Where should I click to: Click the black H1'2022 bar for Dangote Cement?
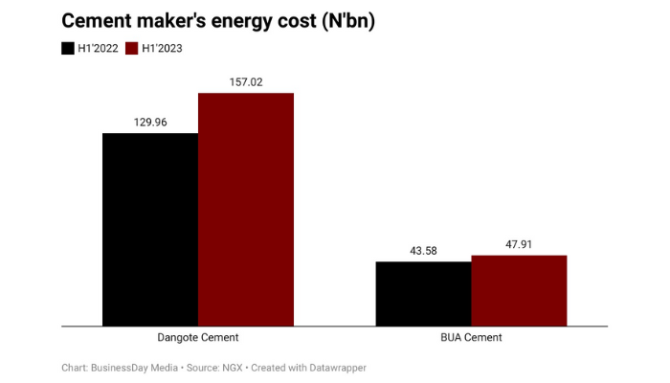[150, 229]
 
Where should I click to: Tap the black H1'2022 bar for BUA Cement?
[423, 293]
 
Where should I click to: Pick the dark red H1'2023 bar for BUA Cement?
[519, 290]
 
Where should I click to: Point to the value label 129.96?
[150, 123]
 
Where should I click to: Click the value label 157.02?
[246, 82]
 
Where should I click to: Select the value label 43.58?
[423, 251]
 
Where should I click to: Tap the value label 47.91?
[519, 245]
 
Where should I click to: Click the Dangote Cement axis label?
[198, 338]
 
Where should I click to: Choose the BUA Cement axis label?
[471, 338]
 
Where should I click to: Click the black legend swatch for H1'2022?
[68, 48]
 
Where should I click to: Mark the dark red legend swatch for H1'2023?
[132, 48]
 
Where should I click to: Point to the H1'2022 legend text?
[99, 48]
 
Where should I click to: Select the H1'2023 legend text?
[163, 48]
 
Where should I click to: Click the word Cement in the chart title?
[102, 21]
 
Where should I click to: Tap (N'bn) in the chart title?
[341, 21]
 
